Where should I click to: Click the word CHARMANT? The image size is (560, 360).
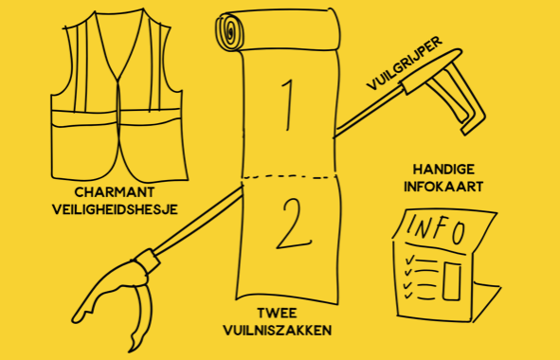click(111, 189)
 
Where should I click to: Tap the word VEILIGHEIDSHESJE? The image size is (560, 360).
click(111, 207)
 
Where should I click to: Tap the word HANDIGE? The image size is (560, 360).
click(435, 168)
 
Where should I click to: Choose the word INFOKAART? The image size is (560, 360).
click(435, 186)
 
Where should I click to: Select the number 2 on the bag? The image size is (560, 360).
click(286, 224)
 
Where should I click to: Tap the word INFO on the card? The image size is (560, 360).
click(436, 231)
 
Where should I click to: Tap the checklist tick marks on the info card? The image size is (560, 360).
click(408, 270)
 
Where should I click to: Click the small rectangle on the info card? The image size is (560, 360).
click(451, 279)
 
